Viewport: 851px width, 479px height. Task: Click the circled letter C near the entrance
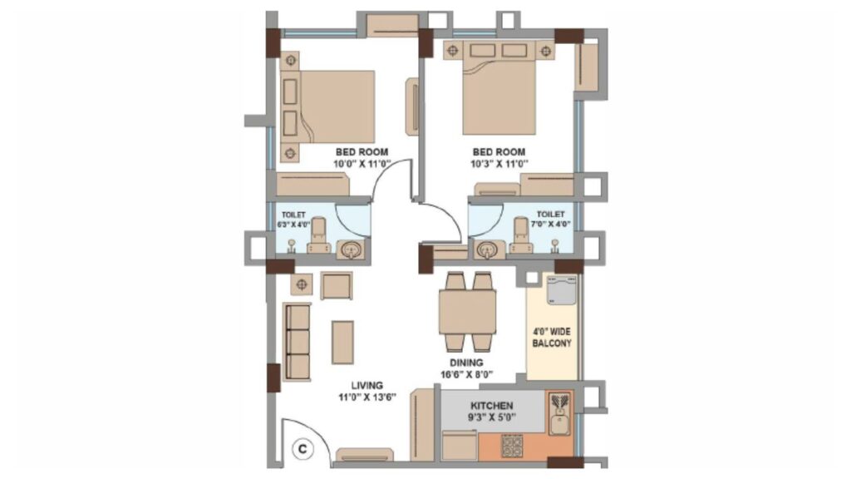coord(303,449)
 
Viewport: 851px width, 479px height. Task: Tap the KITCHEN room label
coord(492,406)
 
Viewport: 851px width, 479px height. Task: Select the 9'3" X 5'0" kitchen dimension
coord(492,417)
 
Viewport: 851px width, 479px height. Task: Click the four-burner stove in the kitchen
coord(512,446)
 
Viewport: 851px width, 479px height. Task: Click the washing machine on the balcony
coord(563,290)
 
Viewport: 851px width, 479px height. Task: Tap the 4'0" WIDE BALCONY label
coord(552,338)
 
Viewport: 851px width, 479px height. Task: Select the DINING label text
coord(466,363)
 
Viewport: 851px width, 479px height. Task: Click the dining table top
coord(467,313)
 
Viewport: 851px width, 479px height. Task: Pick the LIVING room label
coord(366,386)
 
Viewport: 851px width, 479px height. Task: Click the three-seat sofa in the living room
coord(297,342)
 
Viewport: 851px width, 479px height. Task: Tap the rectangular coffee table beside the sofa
coord(343,342)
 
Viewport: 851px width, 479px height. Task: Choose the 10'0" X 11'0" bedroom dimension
coord(361,164)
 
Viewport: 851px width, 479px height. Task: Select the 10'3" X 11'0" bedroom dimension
coord(499,164)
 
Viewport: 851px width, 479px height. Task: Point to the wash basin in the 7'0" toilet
coord(486,249)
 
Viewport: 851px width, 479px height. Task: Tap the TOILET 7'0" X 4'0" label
coord(550,219)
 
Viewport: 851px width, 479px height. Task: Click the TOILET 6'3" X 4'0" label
coord(293,220)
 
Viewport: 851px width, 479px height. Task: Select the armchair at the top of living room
coord(337,286)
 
